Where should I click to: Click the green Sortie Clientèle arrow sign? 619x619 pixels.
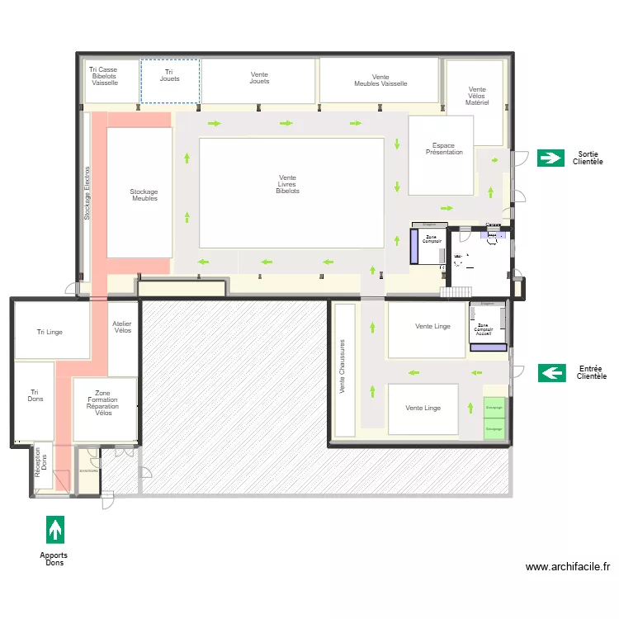[x=550, y=158]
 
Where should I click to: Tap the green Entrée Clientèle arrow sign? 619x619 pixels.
[x=552, y=373]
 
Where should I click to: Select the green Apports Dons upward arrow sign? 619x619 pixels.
[x=55, y=529]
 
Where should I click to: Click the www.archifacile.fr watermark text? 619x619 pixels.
[x=567, y=567]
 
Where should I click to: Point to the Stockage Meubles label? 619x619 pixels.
[x=144, y=195]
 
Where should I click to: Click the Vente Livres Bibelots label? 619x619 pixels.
[x=287, y=184]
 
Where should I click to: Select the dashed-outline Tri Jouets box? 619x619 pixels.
[x=170, y=81]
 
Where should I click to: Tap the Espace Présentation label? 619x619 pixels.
[x=444, y=149]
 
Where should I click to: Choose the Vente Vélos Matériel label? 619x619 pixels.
[x=477, y=97]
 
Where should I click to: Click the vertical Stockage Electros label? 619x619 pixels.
[x=86, y=193]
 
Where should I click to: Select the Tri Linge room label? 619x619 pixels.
[x=50, y=332]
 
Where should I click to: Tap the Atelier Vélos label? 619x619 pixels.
[x=122, y=328]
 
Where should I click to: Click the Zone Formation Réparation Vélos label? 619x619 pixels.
[x=103, y=403]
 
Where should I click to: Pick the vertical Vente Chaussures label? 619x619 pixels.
[x=343, y=366]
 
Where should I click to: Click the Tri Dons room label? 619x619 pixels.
[x=35, y=396]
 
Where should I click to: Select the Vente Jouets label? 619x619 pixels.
[x=259, y=78]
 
